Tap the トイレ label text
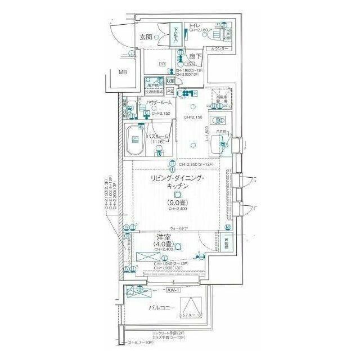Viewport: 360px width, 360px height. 195,25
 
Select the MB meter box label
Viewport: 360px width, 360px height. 123,72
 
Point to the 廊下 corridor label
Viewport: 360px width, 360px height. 195,56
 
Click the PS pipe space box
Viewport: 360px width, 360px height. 169,91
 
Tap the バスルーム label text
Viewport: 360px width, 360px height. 158,137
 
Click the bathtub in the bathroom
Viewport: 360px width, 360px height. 134,142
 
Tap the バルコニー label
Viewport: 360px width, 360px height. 161,308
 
